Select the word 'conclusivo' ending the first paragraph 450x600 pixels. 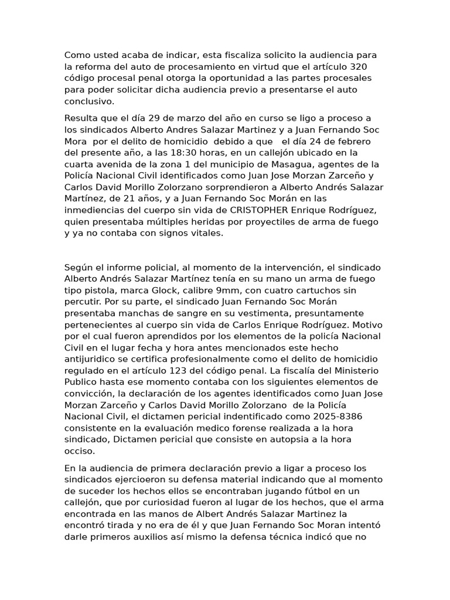pyautogui.click(x=88, y=101)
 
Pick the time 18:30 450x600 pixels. pyautogui.click(x=180, y=153)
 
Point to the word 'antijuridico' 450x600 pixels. pyautogui.click(x=93, y=359)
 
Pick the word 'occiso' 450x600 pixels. pyautogui.click(x=79, y=451)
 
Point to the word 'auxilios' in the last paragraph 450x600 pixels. pyautogui.click(x=158, y=536)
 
